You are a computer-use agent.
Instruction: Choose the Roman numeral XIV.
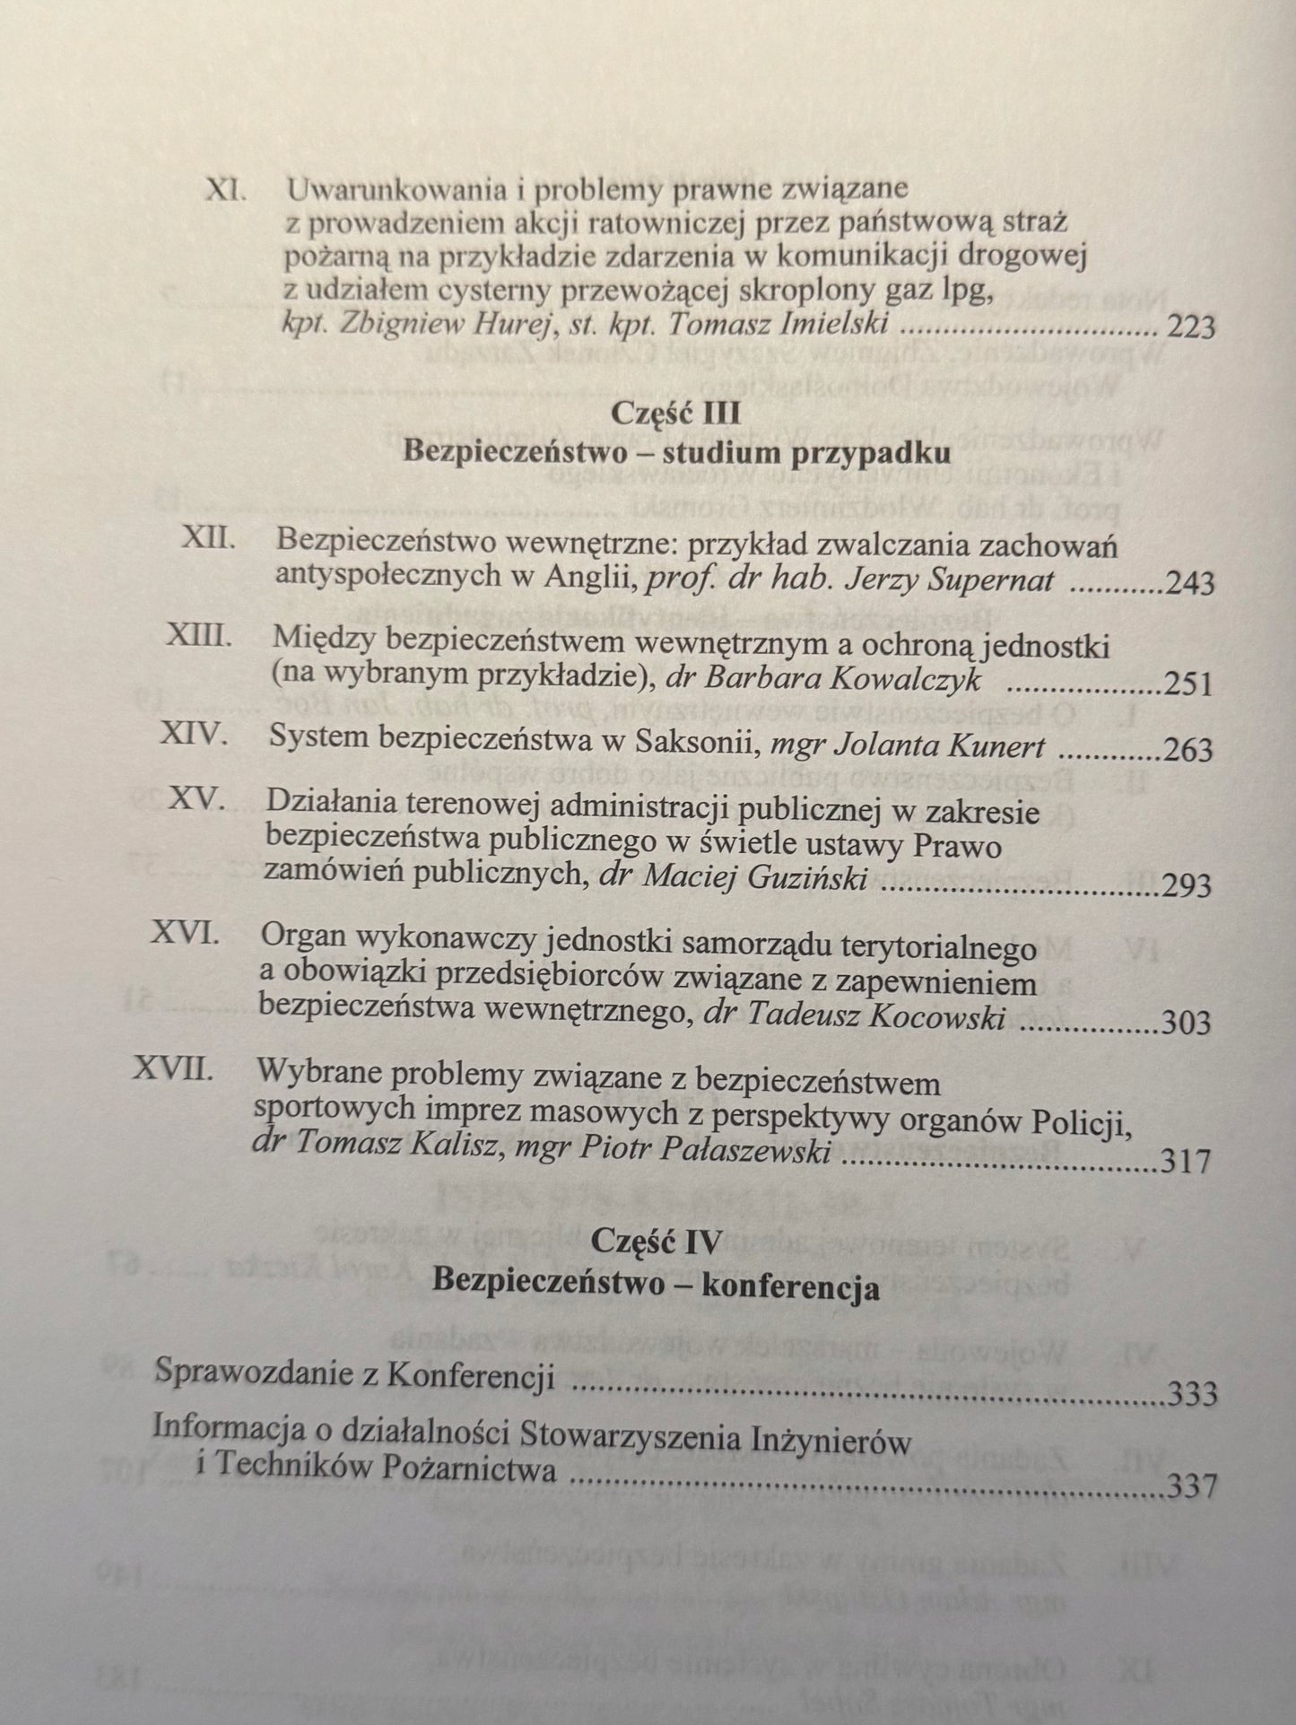point(195,737)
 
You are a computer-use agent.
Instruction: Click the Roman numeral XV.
point(197,801)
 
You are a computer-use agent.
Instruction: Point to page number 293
point(1186,886)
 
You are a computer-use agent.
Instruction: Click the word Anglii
point(591,579)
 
